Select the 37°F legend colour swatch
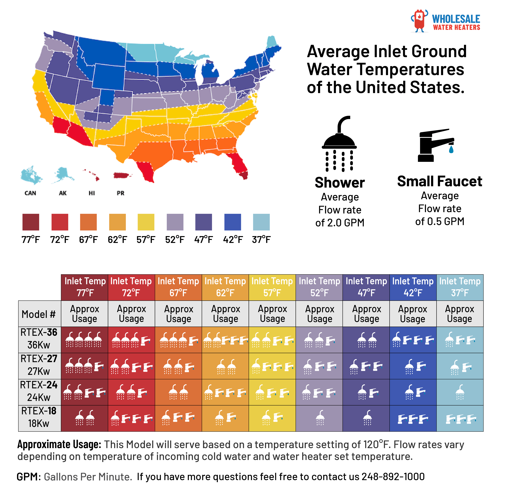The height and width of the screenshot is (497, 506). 261,222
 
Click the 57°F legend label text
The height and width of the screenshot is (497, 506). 146,239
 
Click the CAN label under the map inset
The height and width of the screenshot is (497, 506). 30,193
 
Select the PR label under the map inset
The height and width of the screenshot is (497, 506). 120,193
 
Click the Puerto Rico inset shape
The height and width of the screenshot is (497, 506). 122,175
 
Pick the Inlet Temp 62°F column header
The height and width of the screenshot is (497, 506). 225,287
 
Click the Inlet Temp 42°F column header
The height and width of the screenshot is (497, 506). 413,287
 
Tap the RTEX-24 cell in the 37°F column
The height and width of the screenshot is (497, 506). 460,392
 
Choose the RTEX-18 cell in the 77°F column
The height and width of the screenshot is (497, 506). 84,418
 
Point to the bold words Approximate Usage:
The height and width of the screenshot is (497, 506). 59,445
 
